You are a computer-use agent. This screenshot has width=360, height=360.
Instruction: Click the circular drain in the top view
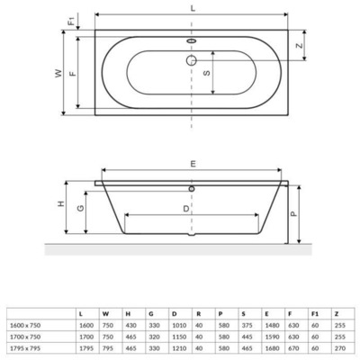(x=191, y=60)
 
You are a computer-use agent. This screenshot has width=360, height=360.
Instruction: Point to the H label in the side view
(x=60, y=204)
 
